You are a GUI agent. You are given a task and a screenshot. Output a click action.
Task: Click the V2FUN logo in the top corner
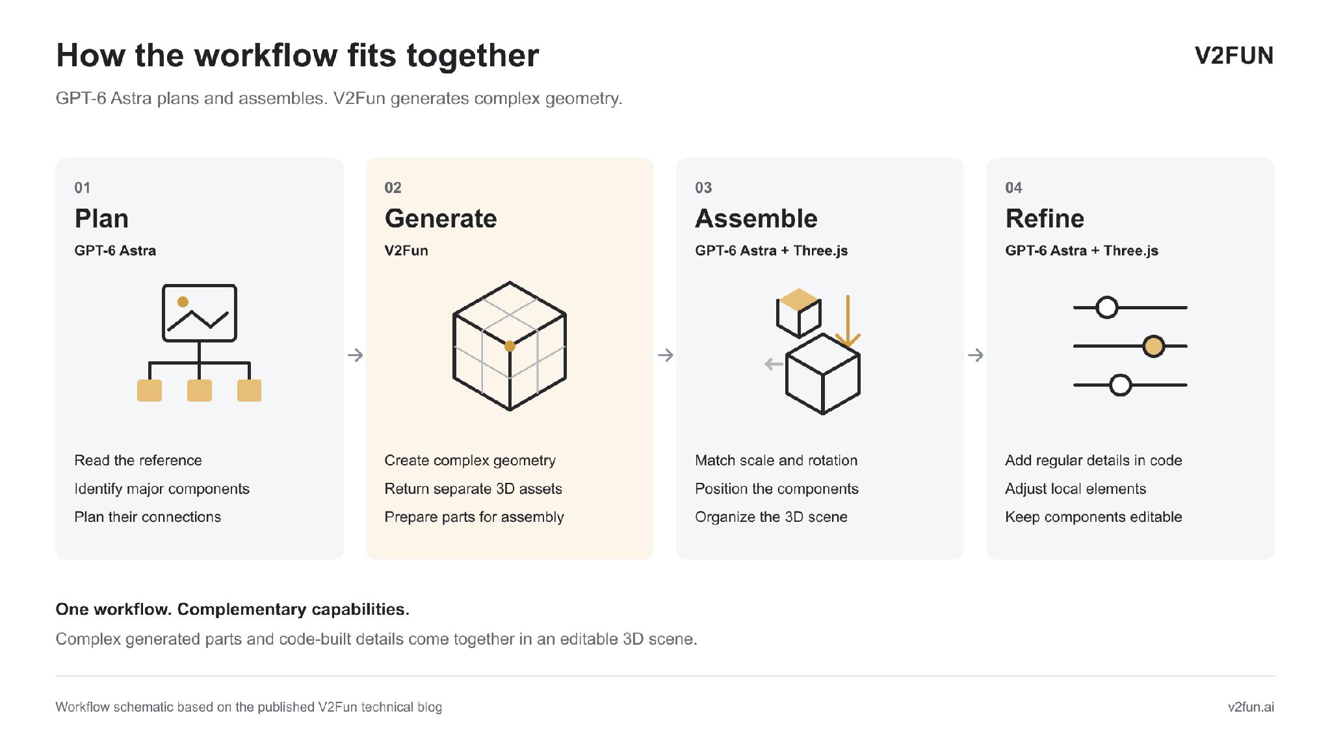(1234, 56)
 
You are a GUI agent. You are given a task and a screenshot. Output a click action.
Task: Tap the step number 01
(83, 188)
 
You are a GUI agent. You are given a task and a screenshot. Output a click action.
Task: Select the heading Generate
(441, 218)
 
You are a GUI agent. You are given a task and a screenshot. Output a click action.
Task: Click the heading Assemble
(756, 218)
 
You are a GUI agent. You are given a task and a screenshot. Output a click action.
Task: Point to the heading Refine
(1045, 218)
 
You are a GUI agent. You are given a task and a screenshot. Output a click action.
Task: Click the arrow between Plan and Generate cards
(355, 355)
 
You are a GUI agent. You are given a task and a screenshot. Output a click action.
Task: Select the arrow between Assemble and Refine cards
(975, 355)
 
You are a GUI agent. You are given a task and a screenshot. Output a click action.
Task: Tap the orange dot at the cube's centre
(510, 346)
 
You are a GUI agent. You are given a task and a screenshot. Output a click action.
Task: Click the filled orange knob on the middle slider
(1154, 346)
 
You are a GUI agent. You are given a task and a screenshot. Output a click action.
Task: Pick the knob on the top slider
(1107, 307)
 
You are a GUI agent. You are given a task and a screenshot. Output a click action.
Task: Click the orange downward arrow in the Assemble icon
(848, 322)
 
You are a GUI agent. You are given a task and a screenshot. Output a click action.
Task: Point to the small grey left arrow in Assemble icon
(774, 364)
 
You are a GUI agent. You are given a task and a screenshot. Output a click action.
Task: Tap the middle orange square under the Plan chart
(200, 391)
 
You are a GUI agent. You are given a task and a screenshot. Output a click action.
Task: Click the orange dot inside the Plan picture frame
(183, 302)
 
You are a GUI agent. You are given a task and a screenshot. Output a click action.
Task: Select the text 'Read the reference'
(138, 460)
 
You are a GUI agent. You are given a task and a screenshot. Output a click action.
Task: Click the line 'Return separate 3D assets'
(473, 489)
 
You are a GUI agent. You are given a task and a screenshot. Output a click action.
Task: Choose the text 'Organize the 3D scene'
(771, 517)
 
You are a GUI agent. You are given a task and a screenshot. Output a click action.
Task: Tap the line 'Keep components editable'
(1093, 517)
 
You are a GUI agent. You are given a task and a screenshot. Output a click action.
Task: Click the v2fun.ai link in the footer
(1251, 707)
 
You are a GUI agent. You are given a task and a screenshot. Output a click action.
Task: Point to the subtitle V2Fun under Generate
(406, 250)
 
